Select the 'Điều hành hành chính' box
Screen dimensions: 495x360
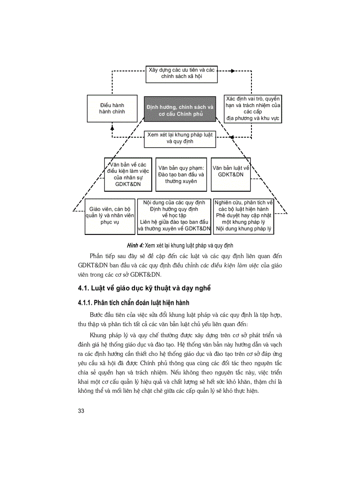click(x=112, y=108)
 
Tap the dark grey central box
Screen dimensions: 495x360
click(x=180, y=109)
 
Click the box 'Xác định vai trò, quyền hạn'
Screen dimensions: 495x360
click(x=253, y=108)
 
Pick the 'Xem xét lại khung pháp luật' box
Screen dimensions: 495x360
click(x=180, y=138)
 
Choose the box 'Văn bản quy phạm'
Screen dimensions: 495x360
click(x=181, y=175)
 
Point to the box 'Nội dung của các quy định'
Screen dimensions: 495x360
click(x=174, y=216)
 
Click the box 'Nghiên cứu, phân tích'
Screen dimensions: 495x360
click(x=243, y=216)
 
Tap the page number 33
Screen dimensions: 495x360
click(x=81, y=411)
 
